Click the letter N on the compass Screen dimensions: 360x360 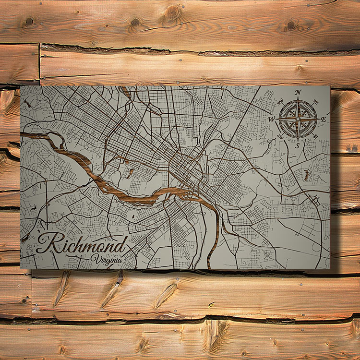click(298, 92)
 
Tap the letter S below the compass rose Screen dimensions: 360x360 click(298, 145)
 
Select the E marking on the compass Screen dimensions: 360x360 click(324, 119)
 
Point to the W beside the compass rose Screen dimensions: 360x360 click(271, 119)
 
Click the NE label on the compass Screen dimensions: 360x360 click(315, 101)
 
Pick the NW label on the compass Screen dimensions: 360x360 click(280, 102)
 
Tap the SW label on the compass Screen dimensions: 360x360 click(280, 136)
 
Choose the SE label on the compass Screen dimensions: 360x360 click(315, 136)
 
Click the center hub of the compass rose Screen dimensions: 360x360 click(298, 119)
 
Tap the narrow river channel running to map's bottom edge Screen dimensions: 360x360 click(210, 250)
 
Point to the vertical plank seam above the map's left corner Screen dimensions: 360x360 click(39, 62)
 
